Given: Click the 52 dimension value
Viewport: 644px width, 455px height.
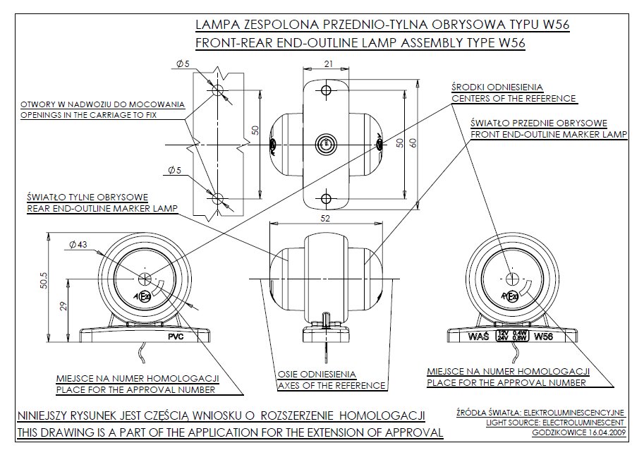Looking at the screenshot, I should point(325,219).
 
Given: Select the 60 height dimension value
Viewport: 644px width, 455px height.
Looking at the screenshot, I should point(413,143).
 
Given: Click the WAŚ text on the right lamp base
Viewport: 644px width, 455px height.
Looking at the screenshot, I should point(479,336).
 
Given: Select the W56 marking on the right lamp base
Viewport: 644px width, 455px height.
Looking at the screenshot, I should point(544,336).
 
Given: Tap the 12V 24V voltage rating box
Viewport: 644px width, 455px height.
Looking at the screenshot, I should point(512,336).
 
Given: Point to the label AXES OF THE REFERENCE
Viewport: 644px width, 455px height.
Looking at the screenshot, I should point(331,386).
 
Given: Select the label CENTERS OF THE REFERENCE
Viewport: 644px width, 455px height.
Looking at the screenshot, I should point(514,98).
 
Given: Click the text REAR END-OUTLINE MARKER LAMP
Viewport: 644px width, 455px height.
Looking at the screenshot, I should point(101,208).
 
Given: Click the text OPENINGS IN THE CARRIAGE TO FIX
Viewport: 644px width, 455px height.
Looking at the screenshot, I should point(102,114).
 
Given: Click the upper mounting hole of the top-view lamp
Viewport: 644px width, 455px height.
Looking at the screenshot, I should point(326,90).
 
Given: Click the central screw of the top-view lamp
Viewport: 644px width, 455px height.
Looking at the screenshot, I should point(326,144).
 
